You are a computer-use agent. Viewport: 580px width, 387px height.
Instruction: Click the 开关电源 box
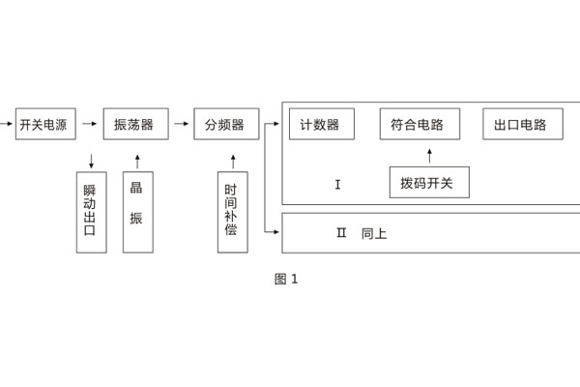[44, 124]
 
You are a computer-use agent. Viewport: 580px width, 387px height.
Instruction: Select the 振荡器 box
[135, 124]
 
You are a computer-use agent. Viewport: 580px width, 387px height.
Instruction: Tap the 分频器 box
[226, 124]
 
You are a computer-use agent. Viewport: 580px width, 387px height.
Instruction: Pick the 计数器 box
[321, 124]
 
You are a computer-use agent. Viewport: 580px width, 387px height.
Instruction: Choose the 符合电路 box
[420, 124]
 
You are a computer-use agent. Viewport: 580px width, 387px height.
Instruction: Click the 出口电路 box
[522, 124]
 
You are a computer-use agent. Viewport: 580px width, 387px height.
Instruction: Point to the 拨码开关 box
[429, 182]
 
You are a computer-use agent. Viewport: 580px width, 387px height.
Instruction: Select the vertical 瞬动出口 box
[91, 212]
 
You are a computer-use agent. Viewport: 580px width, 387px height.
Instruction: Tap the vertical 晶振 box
[137, 212]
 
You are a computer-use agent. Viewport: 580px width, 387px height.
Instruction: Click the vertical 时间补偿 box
[232, 212]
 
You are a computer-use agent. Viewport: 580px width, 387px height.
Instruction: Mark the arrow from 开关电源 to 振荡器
[90, 124]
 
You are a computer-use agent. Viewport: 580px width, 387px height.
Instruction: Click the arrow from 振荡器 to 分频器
[181, 124]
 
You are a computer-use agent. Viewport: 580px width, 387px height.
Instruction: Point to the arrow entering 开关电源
[7, 124]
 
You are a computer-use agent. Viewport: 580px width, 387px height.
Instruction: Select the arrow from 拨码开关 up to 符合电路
[429, 156]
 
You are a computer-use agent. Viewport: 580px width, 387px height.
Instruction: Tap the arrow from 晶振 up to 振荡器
[137, 161]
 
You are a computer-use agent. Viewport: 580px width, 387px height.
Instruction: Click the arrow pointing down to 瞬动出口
[91, 161]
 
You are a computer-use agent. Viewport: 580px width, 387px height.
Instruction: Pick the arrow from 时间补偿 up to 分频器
[232, 161]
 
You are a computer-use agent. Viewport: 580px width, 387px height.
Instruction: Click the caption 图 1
[286, 280]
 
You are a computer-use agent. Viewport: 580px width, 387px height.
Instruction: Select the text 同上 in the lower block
[374, 233]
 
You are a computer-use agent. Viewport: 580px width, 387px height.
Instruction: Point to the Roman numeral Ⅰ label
[337, 185]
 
